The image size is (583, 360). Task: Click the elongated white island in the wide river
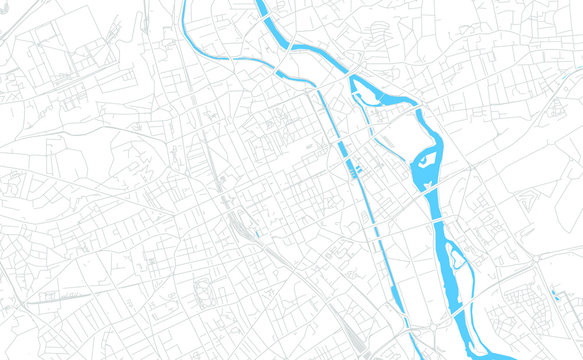tap(456, 258)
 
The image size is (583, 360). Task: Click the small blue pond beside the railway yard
tap(257, 235)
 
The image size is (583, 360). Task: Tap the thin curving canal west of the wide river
tap(240, 62)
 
